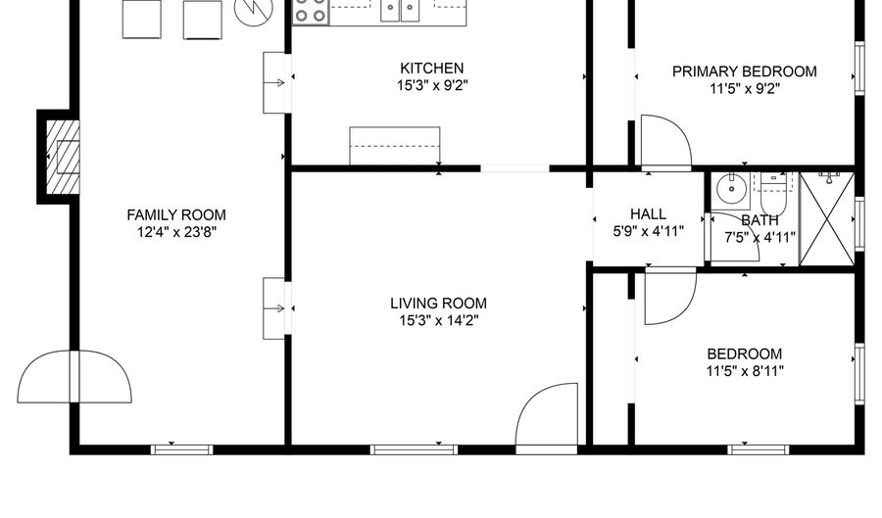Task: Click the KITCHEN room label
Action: click(x=432, y=69)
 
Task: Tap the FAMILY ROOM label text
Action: click(x=176, y=215)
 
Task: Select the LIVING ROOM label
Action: click(x=438, y=304)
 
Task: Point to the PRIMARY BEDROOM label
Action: click(x=744, y=71)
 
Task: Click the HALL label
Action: click(x=648, y=214)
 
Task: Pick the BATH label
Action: click(x=759, y=220)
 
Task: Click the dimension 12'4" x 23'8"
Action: click(x=176, y=232)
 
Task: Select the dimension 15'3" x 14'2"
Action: click(x=439, y=321)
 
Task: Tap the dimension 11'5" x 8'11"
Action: click(x=745, y=371)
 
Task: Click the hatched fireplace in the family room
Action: click(x=63, y=158)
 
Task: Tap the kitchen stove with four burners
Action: click(x=311, y=12)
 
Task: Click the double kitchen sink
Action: click(x=401, y=11)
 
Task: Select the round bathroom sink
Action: click(x=731, y=189)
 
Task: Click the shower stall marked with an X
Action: click(x=827, y=219)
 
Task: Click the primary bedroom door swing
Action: click(x=666, y=143)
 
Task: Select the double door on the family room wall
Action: click(x=74, y=376)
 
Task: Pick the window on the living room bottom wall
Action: click(x=414, y=449)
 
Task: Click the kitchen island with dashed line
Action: click(x=395, y=146)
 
